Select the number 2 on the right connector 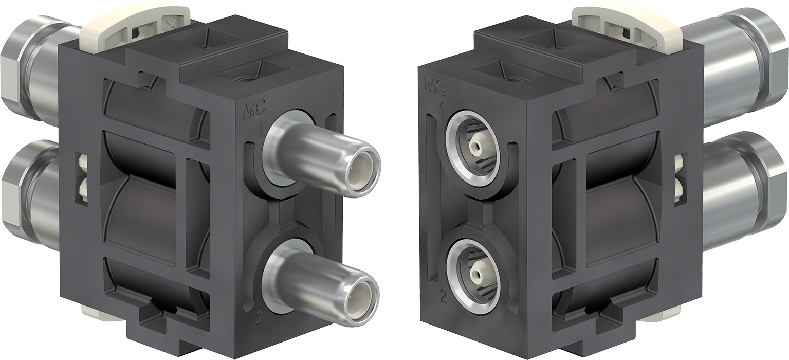[x=443, y=295]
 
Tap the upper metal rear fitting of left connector [x=31, y=67]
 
